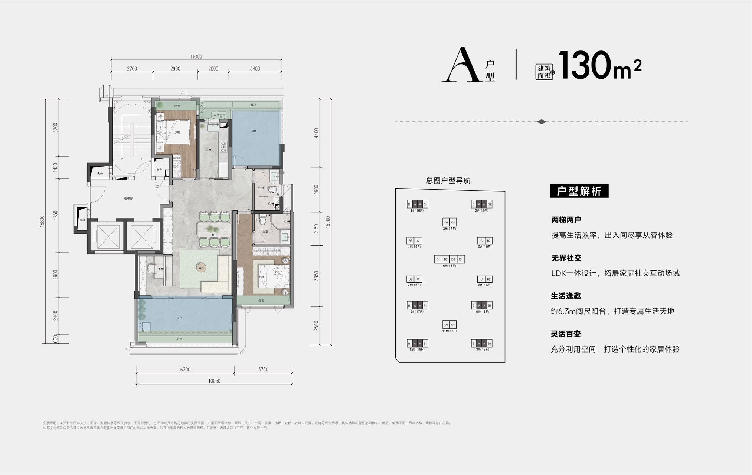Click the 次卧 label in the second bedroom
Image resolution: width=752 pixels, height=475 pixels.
177,132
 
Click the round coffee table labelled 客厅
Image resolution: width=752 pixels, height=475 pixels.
202,268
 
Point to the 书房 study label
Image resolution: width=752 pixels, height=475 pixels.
161,269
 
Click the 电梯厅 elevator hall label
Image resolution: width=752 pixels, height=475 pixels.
128,199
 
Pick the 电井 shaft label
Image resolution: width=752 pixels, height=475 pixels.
159,170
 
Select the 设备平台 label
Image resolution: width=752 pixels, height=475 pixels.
220,115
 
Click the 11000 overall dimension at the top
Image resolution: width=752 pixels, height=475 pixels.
196,57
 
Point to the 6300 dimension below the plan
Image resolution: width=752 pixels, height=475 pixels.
185,370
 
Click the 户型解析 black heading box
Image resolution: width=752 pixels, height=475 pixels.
579,191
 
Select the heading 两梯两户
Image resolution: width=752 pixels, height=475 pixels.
566,220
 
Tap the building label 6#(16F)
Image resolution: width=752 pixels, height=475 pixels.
449,266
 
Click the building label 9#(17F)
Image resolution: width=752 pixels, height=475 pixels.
417,312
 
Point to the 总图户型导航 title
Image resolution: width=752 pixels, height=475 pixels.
448,181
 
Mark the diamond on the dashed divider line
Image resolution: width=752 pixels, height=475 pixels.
542,122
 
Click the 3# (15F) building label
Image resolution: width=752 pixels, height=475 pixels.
449,229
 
